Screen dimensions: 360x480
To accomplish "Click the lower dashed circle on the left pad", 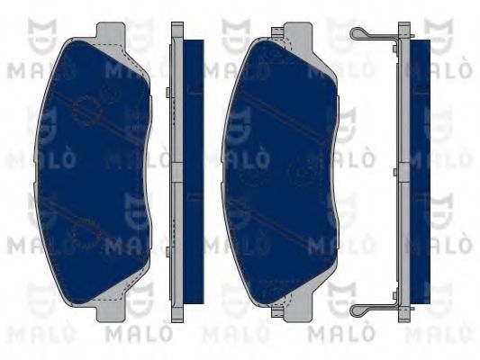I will coord(84,236).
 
